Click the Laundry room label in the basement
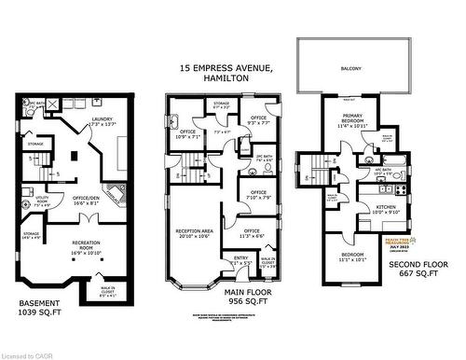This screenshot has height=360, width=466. pyautogui.click(x=103, y=120)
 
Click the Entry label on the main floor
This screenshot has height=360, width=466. pyautogui.click(x=215, y=259)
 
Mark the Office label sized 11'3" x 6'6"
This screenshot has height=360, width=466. pyautogui.click(x=251, y=233)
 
